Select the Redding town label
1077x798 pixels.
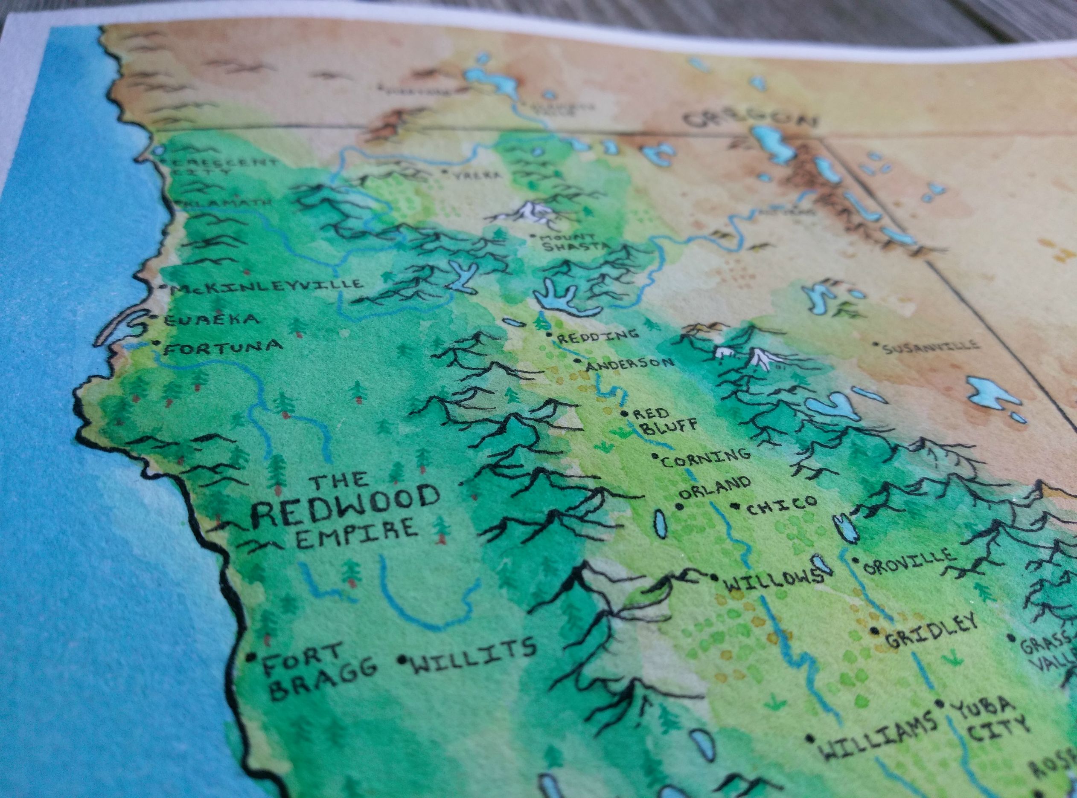click(597, 335)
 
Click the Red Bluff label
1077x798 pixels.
click(662, 420)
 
